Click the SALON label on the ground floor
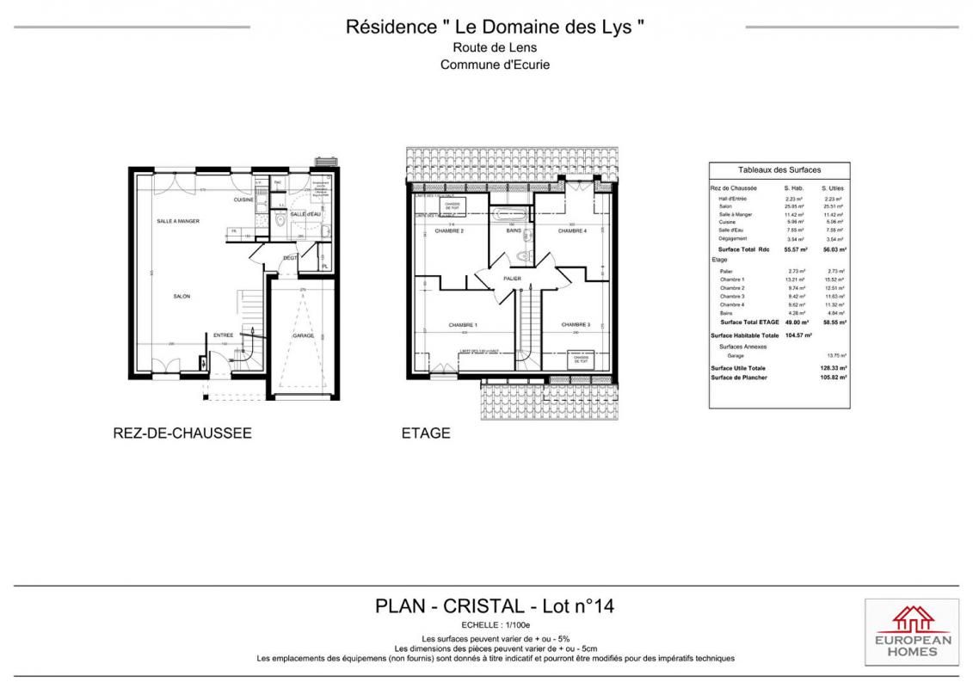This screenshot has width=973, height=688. coord(182,297)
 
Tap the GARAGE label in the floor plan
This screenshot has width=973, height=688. coord(303,336)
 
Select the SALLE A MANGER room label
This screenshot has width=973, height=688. coord(178,221)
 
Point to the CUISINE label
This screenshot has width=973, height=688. coord(243,200)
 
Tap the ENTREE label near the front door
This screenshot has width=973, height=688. coord(224,335)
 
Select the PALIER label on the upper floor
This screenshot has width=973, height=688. coord(513,279)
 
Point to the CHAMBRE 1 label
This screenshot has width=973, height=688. coord(463,325)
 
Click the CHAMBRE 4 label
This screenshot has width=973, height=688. coord(572,230)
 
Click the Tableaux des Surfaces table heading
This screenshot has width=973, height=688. coord(779,170)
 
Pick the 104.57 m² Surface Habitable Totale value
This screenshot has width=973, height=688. coord(797,335)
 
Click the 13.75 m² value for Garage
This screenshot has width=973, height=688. coord(835,355)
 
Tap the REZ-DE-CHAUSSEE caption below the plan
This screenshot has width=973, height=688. coord(182,433)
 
